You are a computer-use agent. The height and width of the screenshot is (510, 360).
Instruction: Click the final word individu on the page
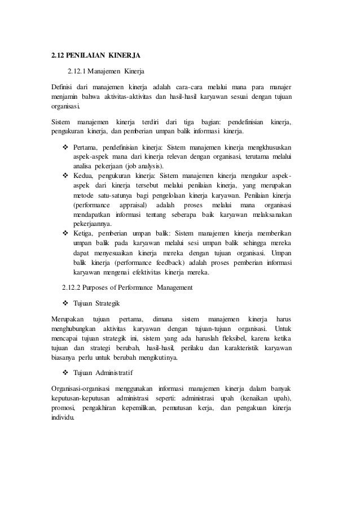[x=62, y=417]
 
